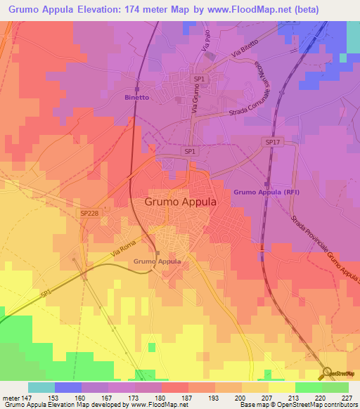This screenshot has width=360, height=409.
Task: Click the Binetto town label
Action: pos(136,98)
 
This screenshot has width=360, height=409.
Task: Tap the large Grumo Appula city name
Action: pos(181,201)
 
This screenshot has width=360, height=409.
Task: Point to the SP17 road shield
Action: pos(272,141)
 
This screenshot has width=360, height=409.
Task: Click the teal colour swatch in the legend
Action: pos(41,387)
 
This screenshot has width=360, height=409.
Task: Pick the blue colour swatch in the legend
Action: pos(68,387)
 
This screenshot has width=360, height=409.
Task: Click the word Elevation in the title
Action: pos(107,10)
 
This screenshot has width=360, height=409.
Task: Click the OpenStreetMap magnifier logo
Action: pos(326,372)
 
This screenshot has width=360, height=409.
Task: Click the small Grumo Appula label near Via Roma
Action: pos(157,261)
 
